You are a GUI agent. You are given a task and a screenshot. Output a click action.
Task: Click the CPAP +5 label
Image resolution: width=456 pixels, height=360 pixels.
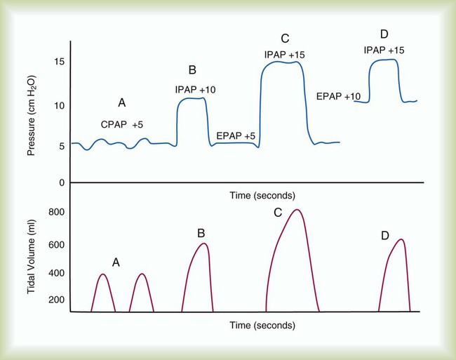pos(122,124)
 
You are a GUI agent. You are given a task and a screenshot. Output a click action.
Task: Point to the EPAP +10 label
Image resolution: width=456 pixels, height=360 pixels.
pos(339,95)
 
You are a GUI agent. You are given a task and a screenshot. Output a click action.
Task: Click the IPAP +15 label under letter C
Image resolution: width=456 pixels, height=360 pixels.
pos(284,54)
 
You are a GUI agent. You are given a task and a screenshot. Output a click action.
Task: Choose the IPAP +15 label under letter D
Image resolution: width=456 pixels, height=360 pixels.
pos(384,50)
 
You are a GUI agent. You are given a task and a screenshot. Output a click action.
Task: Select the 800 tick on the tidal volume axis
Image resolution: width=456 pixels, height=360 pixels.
pos(56,213)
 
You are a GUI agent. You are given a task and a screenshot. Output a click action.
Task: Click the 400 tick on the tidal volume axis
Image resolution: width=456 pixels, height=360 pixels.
pos(56,273)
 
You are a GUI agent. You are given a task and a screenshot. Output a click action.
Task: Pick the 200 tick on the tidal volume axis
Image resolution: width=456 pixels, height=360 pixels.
pos(56,300)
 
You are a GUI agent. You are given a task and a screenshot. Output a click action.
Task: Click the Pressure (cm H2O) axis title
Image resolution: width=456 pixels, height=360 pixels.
pos(33,116)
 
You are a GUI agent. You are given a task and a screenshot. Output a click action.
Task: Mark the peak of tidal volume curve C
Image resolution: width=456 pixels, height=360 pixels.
pos(297,209)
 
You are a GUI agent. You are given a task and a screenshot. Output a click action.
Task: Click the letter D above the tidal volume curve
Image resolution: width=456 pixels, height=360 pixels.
pos(385,236)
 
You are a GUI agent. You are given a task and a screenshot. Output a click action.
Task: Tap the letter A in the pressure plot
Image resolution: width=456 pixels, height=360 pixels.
pos(121,103)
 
